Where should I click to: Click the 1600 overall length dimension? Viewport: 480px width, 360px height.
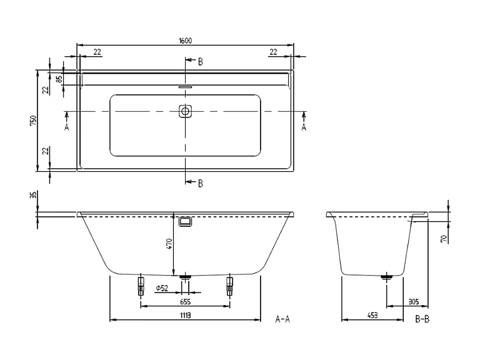tap(185, 41)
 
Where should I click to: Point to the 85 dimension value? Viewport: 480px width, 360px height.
tap(59, 79)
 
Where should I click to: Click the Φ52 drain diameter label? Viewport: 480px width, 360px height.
tap(161, 288)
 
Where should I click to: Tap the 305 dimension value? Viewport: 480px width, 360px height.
tap(413, 302)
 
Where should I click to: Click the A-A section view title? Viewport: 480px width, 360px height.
tap(282, 319)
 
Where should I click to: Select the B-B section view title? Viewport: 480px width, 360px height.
tap(422, 319)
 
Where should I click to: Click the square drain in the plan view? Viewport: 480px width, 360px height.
tap(185, 111)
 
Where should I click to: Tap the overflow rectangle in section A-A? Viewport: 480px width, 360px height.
tap(185, 222)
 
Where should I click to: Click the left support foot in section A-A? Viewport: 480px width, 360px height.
tap(140, 287)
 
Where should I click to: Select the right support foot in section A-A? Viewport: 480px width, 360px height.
tap(230, 287)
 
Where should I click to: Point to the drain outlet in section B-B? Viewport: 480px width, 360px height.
tap(387, 276)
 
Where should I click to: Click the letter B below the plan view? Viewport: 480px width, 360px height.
tap(200, 183)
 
